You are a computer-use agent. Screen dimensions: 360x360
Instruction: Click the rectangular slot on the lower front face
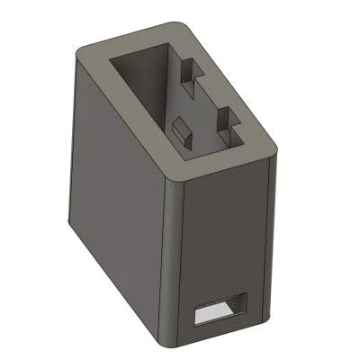pos(220,310)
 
